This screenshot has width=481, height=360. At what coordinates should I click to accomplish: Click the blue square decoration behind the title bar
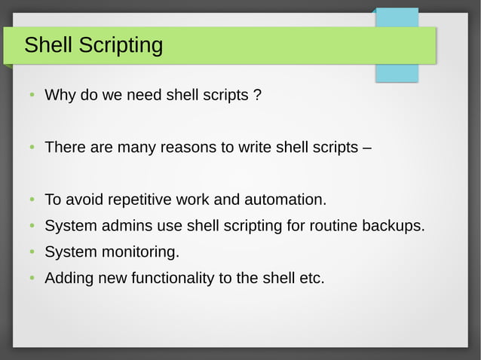pyautogui.click(x=397, y=72)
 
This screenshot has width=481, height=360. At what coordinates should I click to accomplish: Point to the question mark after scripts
pyautogui.click(x=257, y=96)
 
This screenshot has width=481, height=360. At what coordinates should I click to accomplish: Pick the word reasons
pyautogui.click(x=186, y=148)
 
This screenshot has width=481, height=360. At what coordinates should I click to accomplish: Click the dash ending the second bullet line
pyautogui.click(x=366, y=148)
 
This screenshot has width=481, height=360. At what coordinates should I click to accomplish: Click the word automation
pyautogui.click(x=287, y=200)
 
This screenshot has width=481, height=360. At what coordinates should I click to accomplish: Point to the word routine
pyautogui.click(x=334, y=226)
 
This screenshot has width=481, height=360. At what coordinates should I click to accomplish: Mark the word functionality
pyautogui.click(x=173, y=279)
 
